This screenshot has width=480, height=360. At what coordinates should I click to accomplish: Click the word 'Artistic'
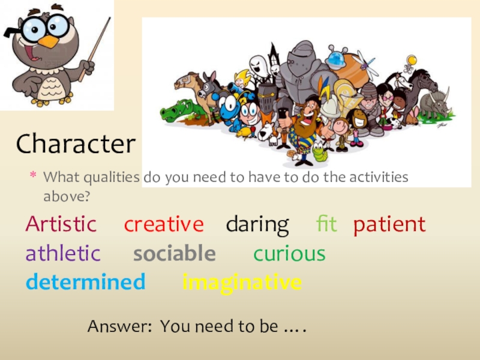tap(61, 224)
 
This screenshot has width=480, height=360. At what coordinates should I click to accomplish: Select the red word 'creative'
tap(164, 224)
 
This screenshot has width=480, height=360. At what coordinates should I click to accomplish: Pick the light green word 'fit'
tap(326, 224)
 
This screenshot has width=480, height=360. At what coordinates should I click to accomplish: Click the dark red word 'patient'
tap(389, 225)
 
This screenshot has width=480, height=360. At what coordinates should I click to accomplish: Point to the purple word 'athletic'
tap(62, 254)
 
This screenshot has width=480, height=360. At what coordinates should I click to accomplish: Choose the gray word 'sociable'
tap(174, 254)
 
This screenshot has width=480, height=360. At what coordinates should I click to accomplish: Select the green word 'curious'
tap(289, 254)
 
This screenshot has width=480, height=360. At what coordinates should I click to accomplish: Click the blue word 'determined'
tap(85, 281)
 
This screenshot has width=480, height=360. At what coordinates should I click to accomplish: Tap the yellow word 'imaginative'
tap(242, 282)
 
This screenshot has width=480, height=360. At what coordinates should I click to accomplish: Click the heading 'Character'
tap(76, 144)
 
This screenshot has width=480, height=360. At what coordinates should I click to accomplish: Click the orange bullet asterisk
tap(34, 177)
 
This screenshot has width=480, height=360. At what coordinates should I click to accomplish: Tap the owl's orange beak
tap(48, 41)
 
